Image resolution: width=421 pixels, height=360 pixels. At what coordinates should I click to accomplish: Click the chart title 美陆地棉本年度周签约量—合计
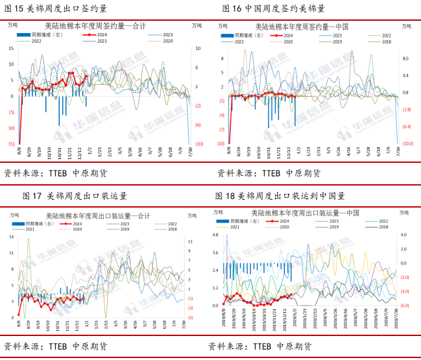pyautogui.click(x=101, y=25)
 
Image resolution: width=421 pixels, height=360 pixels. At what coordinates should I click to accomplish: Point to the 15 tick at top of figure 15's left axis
pyautogui.click(x=12, y=48)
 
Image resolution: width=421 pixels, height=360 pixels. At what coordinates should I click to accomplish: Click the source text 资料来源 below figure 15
pyautogui.click(x=23, y=174)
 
